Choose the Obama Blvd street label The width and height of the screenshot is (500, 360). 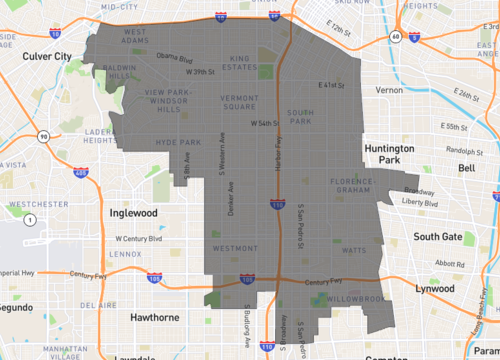(173, 58)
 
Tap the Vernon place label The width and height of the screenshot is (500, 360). (389, 90)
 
